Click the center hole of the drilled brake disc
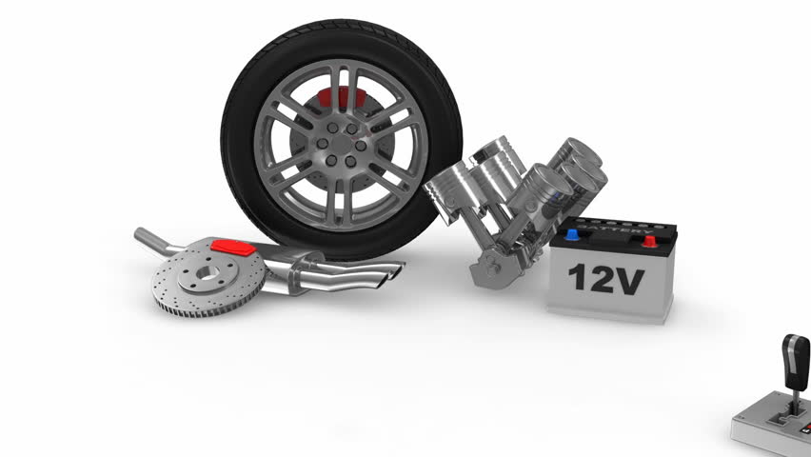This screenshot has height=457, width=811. tap(200, 275)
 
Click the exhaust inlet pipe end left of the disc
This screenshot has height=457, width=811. tap(142, 234)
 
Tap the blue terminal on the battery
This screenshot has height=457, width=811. tap(571, 233)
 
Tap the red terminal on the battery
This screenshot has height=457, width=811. tap(649, 240)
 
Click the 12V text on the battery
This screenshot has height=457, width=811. tap(606, 279)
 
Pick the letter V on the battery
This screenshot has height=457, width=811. tap(631, 280)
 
